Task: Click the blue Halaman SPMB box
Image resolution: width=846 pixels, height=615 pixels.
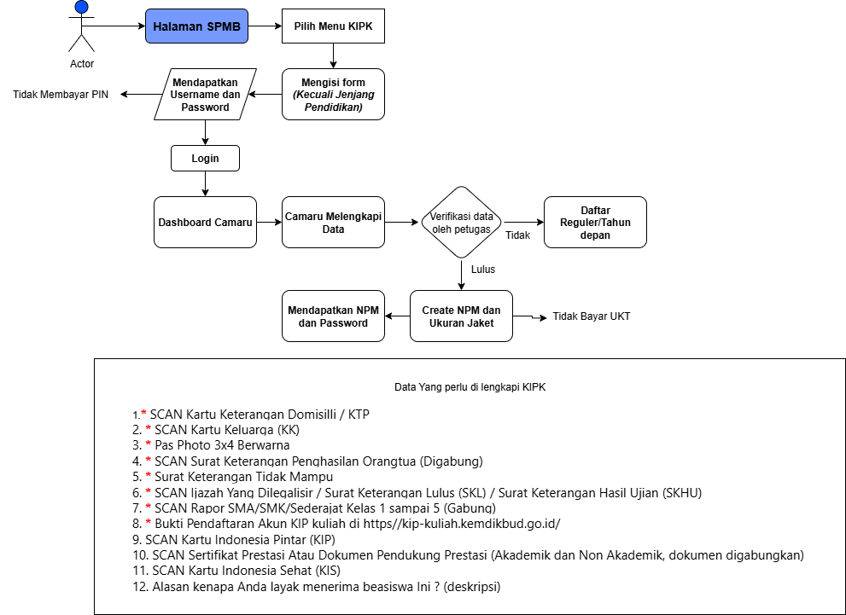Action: pyautogui.click(x=196, y=26)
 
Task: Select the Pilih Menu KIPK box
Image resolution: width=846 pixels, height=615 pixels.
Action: pyautogui.click(x=333, y=26)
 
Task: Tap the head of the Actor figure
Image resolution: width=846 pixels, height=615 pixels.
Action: pyautogui.click(x=81, y=7)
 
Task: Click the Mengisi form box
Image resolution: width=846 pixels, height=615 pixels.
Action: pyautogui.click(x=333, y=95)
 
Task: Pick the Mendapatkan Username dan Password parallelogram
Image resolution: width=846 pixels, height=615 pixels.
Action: pyautogui.click(x=205, y=95)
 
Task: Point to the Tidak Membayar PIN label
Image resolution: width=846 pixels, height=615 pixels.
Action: pyautogui.click(x=61, y=95)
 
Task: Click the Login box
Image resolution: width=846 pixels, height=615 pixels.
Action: pyautogui.click(x=205, y=159)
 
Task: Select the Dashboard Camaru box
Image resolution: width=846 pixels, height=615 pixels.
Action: pyautogui.click(x=205, y=222)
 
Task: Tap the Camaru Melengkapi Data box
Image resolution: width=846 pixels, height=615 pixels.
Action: pyautogui.click(x=333, y=222)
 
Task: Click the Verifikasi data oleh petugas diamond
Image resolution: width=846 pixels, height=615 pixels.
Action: pyautogui.click(x=461, y=222)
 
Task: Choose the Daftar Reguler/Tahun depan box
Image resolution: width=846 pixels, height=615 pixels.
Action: pyautogui.click(x=595, y=222)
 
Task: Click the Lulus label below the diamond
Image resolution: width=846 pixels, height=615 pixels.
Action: pyautogui.click(x=483, y=270)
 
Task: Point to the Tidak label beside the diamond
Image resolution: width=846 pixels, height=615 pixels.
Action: pyautogui.click(x=517, y=235)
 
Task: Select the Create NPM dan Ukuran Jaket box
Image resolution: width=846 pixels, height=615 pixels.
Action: pyautogui.click(x=461, y=316)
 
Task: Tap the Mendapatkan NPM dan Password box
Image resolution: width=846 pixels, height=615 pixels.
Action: pyautogui.click(x=333, y=316)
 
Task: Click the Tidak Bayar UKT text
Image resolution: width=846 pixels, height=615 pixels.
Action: pyautogui.click(x=592, y=316)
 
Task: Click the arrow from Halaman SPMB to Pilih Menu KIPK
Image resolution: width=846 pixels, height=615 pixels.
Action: pyautogui.click(x=265, y=26)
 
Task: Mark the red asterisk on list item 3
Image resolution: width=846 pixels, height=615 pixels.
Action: pyautogui.click(x=149, y=444)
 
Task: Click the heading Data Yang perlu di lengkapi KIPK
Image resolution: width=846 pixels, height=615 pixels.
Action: pyautogui.click(x=470, y=387)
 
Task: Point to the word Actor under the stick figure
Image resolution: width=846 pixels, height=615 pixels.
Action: pyautogui.click(x=82, y=64)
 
